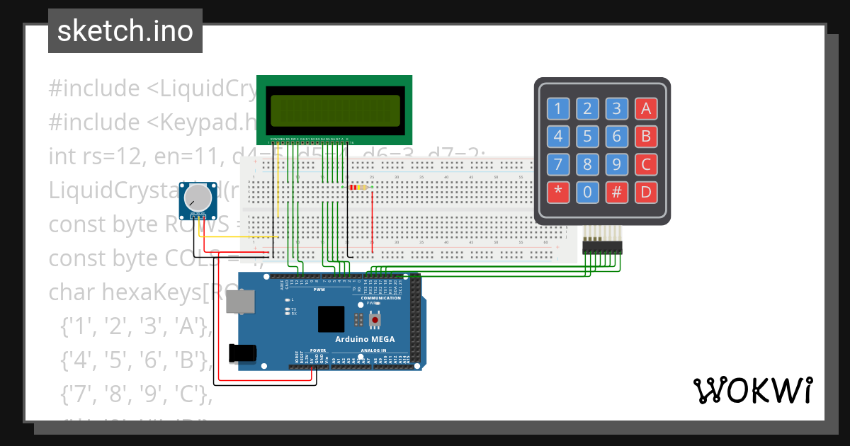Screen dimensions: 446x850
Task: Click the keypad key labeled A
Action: click(x=645, y=108)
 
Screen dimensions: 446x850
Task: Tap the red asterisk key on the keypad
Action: click(x=557, y=192)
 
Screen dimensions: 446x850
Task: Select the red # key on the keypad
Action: click(x=616, y=192)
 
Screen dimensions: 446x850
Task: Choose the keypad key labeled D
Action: click(x=645, y=192)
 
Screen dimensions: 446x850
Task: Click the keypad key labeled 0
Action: click(x=586, y=192)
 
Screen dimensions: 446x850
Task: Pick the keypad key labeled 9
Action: click(x=616, y=164)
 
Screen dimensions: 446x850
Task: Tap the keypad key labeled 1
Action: click(x=557, y=108)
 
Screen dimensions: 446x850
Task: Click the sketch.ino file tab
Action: click(x=125, y=31)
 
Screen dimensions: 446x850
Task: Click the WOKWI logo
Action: click(x=752, y=390)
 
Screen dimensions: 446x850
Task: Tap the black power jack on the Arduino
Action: click(x=240, y=353)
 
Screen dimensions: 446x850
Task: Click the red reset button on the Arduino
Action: click(x=375, y=320)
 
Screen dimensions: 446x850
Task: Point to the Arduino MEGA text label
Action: click(x=365, y=339)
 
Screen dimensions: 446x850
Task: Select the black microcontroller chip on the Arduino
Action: click(x=331, y=319)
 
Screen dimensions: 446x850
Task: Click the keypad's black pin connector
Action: click(x=601, y=247)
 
